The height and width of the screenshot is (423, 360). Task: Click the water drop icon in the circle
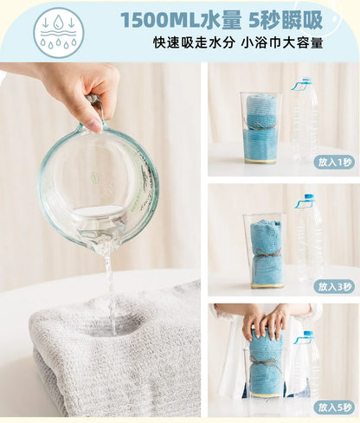click(x=58, y=33)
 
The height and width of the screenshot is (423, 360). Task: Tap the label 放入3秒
click(x=335, y=286)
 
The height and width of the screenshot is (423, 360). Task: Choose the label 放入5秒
click(x=335, y=407)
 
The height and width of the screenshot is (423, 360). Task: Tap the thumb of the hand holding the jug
click(x=88, y=121)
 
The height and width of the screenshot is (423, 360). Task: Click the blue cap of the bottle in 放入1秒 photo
click(x=302, y=86)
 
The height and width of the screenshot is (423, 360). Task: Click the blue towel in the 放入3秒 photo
click(x=264, y=251)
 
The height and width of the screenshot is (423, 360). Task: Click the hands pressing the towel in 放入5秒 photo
click(x=265, y=323)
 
